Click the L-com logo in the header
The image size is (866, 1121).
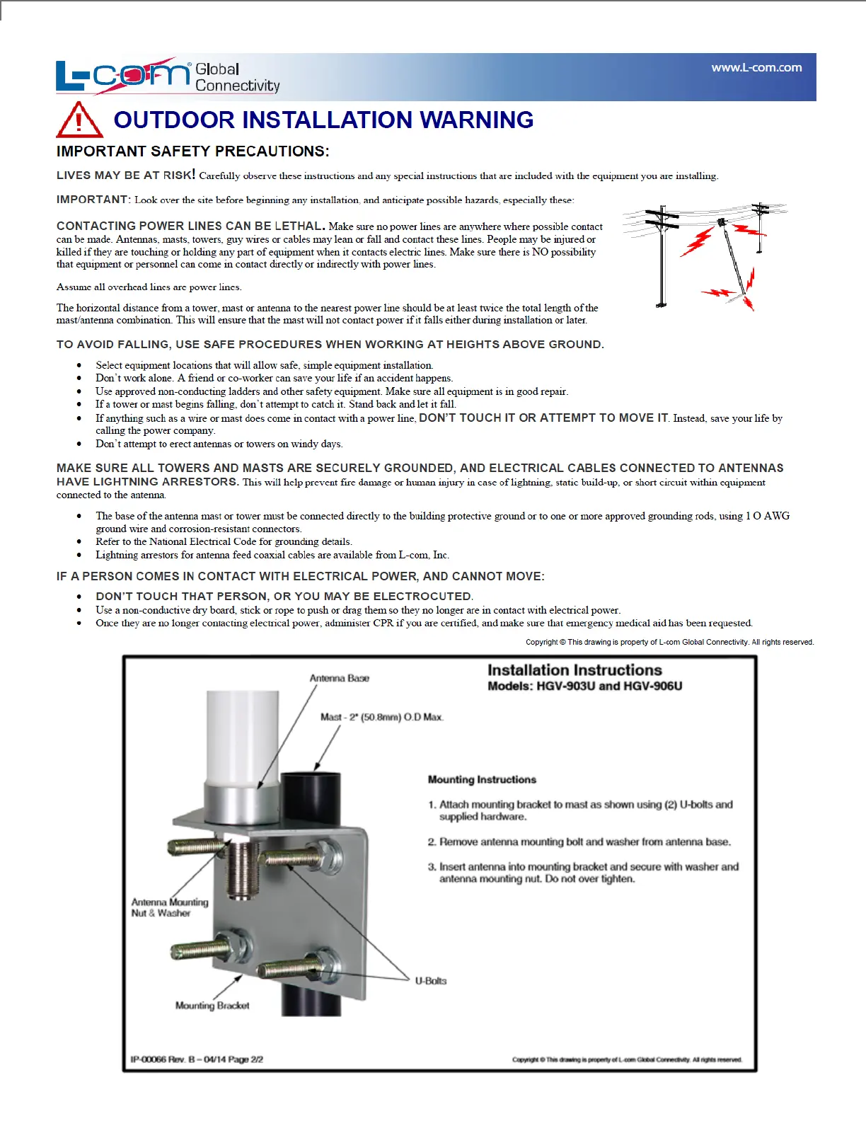(124, 75)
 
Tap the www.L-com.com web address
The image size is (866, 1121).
(756, 68)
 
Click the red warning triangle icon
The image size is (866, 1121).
(79, 120)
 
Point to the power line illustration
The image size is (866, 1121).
(704, 258)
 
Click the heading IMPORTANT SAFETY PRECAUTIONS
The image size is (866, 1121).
(192, 151)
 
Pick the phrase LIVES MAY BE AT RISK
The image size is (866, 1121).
(125, 176)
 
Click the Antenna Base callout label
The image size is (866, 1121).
(339, 678)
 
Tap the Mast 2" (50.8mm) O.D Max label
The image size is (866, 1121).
(381, 717)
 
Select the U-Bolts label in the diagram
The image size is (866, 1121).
(430, 981)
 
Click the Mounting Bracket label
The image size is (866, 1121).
(212, 1006)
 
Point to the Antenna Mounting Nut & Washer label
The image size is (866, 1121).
(170, 908)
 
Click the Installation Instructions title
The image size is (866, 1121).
(575, 670)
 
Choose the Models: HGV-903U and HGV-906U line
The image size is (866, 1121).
(584, 686)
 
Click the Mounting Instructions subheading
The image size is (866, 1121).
(482, 780)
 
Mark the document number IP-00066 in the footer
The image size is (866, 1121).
(149, 1059)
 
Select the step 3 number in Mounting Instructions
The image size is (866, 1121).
(432, 867)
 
